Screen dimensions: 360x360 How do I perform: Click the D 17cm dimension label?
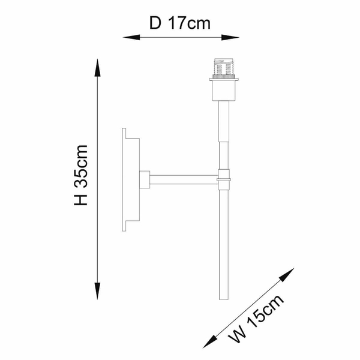[x=180, y=23]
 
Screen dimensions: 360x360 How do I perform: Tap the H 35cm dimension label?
[x=81, y=175]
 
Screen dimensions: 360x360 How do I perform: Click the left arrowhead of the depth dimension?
[x=131, y=37]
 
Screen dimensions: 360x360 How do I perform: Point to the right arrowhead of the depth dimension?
[x=230, y=37]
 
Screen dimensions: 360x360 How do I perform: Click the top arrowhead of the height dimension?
[x=97, y=67]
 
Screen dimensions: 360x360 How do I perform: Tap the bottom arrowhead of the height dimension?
[x=97, y=291]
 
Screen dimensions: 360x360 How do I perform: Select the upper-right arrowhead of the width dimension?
[x=287, y=275]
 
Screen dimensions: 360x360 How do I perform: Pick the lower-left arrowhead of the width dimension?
[x=210, y=341]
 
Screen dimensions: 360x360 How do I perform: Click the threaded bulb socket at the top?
[x=224, y=67]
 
